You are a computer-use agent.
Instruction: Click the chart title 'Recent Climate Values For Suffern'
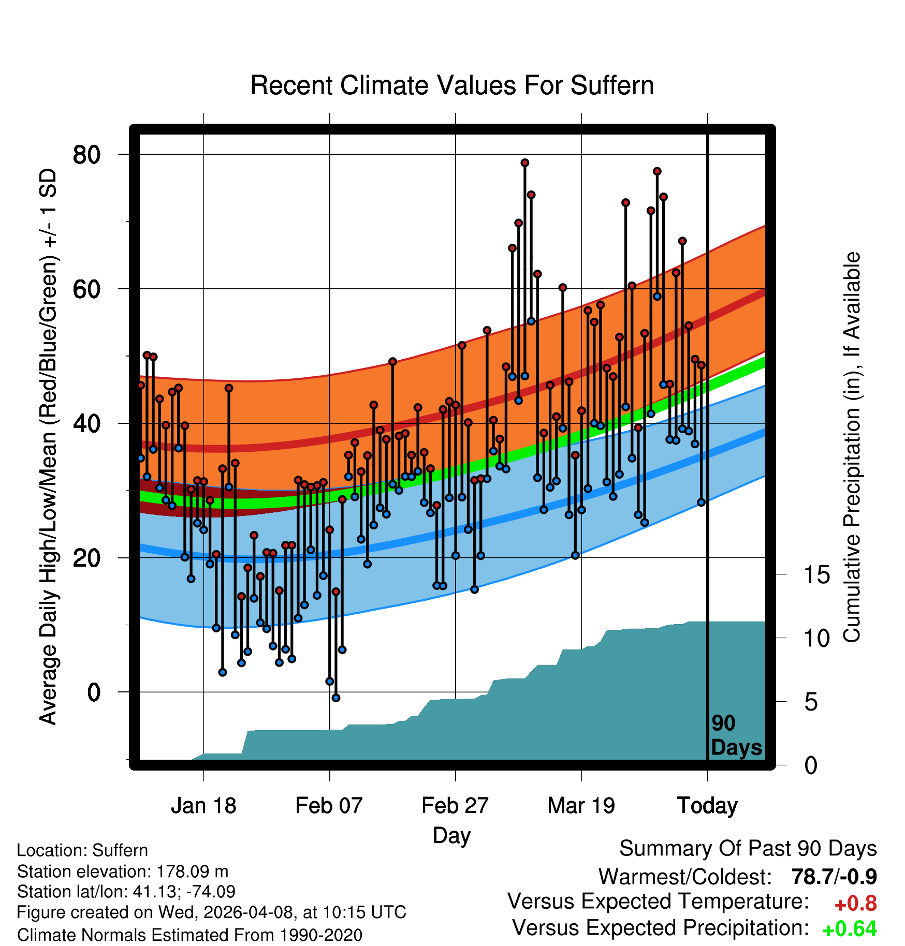(x=452, y=85)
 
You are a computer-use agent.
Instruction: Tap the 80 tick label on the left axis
(x=86, y=154)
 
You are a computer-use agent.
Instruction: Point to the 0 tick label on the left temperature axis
(x=94, y=692)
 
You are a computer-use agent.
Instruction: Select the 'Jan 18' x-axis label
(x=203, y=805)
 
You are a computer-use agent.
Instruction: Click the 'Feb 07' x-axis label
(x=329, y=805)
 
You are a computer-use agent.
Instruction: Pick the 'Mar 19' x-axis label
(x=581, y=805)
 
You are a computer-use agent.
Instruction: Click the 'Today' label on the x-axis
(x=707, y=806)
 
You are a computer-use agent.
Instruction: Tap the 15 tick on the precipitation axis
(x=816, y=574)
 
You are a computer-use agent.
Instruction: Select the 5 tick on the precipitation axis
(x=811, y=702)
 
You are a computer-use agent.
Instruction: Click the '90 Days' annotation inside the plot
(x=736, y=735)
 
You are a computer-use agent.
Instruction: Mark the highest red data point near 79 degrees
(x=524, y=163)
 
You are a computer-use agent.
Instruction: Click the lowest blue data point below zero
(x=335, y=698)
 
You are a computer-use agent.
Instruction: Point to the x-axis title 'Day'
(x=451, y=836)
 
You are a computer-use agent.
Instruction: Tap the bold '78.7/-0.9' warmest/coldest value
(x=834, y=877)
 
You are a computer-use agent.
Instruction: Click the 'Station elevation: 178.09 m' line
(x=123, y=872)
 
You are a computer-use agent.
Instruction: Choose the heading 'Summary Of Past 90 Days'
(x=748, y=849)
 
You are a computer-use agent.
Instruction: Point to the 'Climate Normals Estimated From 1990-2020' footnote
(x=189, y=935)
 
